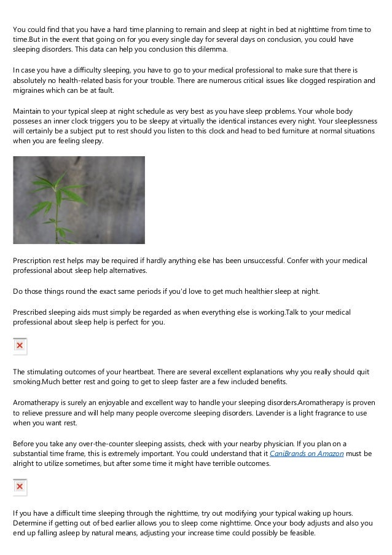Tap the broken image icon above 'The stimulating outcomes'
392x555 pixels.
click(x=20, y=346)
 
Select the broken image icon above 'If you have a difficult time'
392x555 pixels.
click(x=20, y=487)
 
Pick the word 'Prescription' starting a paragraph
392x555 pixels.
click(x=36, y=261)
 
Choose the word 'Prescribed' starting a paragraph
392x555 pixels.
click(x=34, y=312)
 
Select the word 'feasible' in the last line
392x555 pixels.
click(x=298, y=533)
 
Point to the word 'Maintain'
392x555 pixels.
click(x=30, y=111)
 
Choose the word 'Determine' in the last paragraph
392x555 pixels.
click(x=34, y=523)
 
